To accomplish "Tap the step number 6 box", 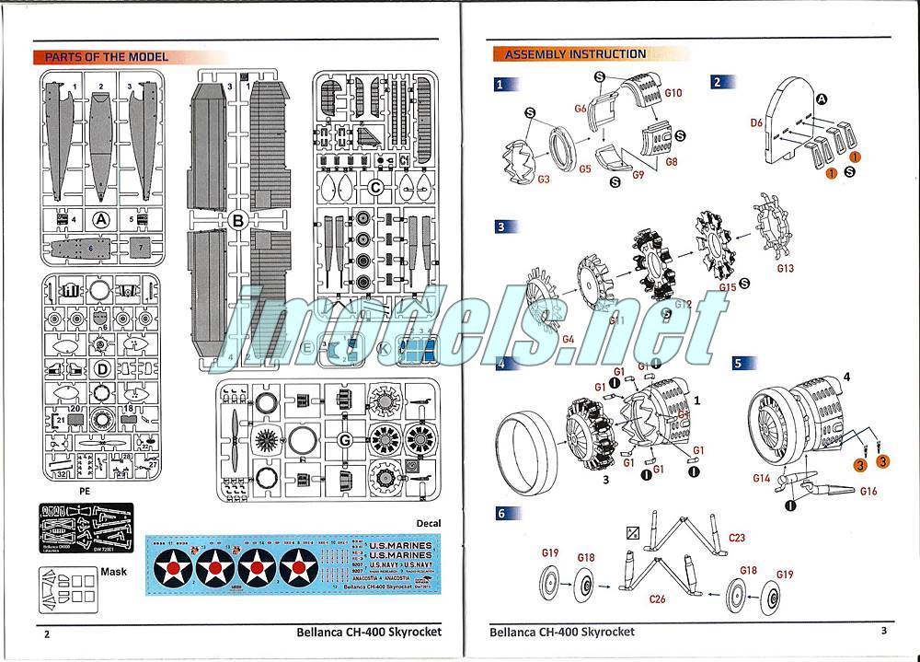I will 502,514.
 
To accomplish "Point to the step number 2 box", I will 718,82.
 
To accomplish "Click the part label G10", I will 673,93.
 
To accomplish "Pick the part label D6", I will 756,122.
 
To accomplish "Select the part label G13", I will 785,269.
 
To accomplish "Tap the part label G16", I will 868,492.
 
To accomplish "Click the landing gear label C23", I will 736,538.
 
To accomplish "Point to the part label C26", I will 657,599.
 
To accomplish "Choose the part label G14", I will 761,478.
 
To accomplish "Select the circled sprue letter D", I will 102,368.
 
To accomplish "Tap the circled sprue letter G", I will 345,436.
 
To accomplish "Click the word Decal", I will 428,523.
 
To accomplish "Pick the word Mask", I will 109,571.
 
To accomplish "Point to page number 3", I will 882,631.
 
